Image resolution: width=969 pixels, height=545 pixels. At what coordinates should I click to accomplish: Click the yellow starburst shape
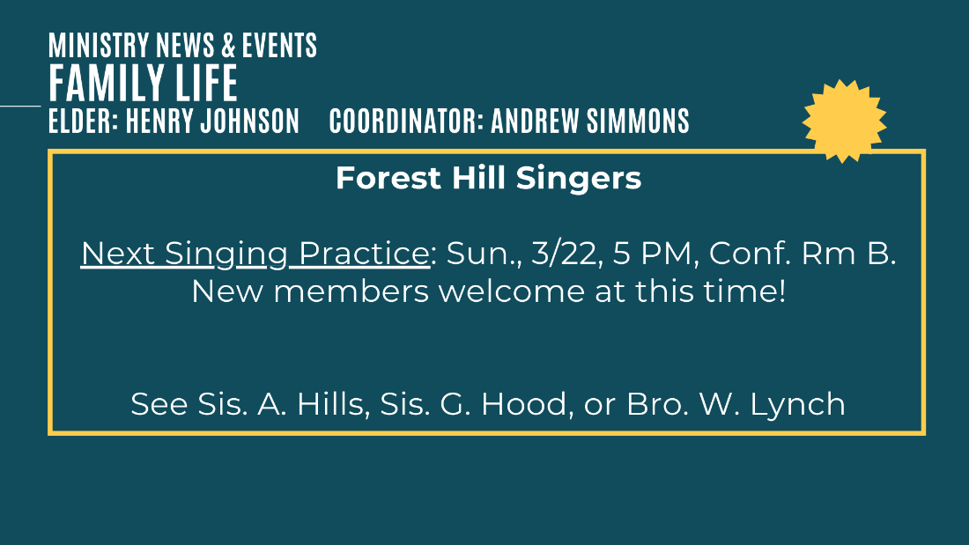pos(844,122)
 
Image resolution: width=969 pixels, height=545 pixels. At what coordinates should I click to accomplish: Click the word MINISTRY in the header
pos(99,45)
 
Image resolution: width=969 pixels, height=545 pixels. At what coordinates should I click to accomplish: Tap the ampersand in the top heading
pos(228,45)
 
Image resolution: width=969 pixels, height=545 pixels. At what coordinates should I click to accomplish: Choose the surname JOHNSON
pos(248,121)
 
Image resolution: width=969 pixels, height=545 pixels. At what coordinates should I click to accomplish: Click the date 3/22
pos(567,254)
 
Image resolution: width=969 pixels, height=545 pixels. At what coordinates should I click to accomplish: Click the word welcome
pos(511,291)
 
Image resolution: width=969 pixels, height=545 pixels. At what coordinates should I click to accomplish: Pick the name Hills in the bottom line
pos(333,404)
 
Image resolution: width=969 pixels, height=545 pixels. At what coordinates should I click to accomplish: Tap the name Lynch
pos(797,405)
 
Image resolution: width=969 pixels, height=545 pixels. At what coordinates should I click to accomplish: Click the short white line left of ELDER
pos(20,106)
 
